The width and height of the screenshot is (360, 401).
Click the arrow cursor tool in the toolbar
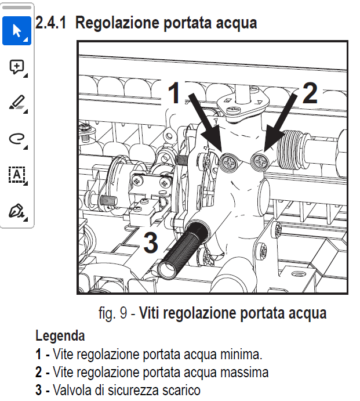coord(17,31)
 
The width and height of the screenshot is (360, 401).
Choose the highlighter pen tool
coord(17,103)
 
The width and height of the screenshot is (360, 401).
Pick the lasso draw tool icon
coord(17,138)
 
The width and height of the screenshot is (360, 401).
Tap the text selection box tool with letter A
coord(17,174)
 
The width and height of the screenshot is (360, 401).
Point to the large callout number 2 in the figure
coord(310,93)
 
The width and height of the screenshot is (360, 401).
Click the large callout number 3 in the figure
coord(150,243)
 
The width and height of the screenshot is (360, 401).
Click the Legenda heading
coord(60,335)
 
